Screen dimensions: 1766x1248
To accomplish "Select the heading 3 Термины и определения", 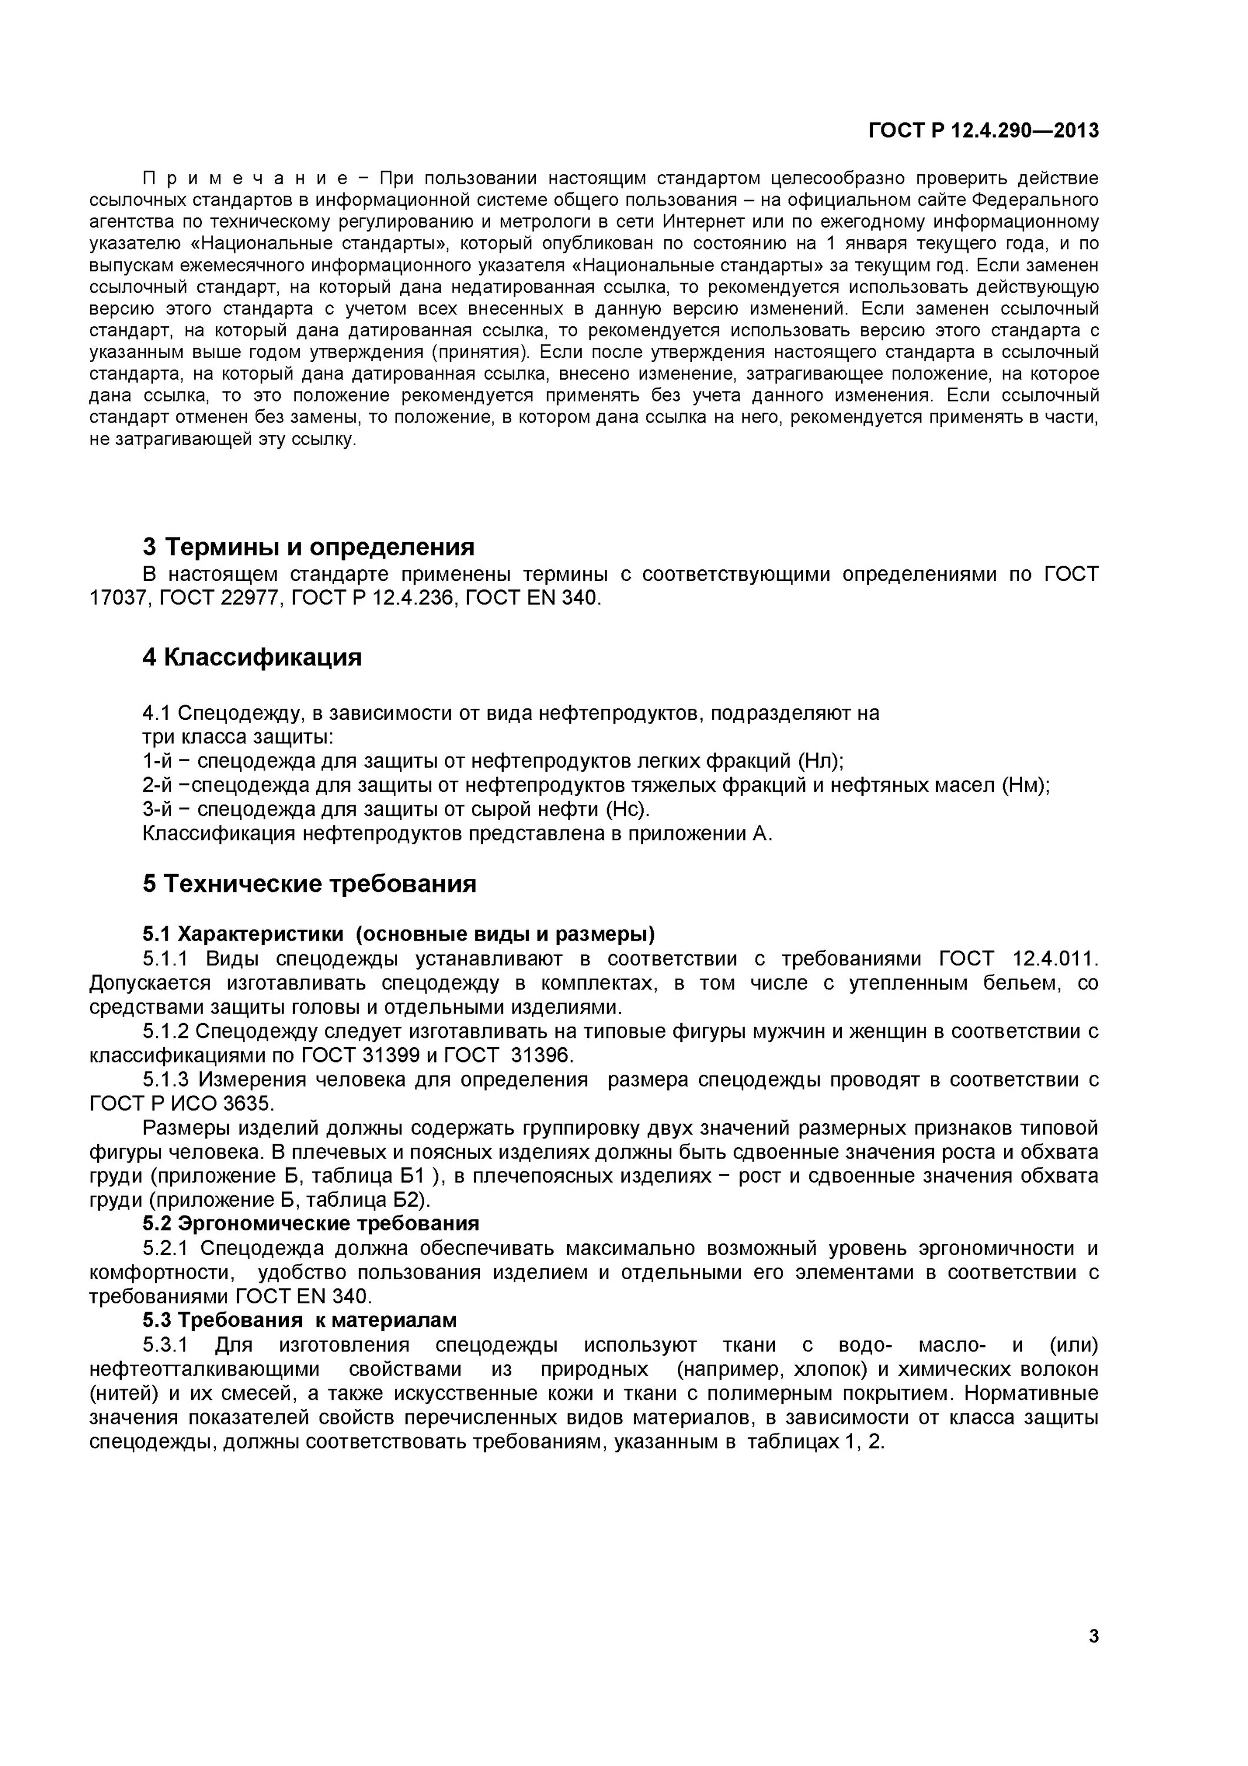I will [x=308, y=547].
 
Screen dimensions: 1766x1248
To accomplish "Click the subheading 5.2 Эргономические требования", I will [x=311, y=1223].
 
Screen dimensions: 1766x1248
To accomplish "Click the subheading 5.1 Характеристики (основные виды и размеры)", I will [x=398, y=934].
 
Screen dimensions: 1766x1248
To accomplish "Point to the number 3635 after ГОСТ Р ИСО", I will [x=248, y=1103].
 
